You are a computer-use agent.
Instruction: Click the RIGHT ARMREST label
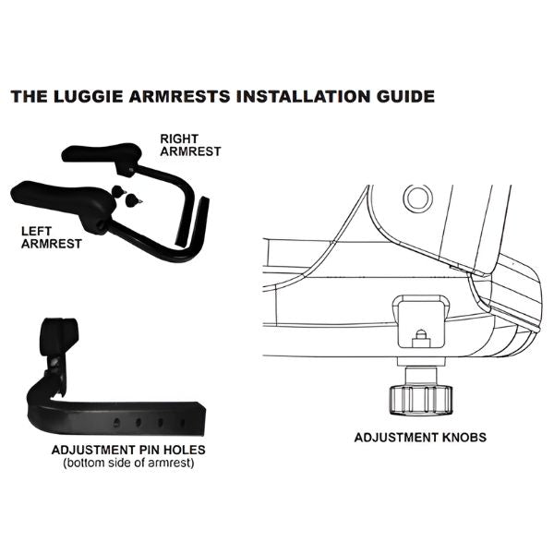(x=189, y=145)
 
